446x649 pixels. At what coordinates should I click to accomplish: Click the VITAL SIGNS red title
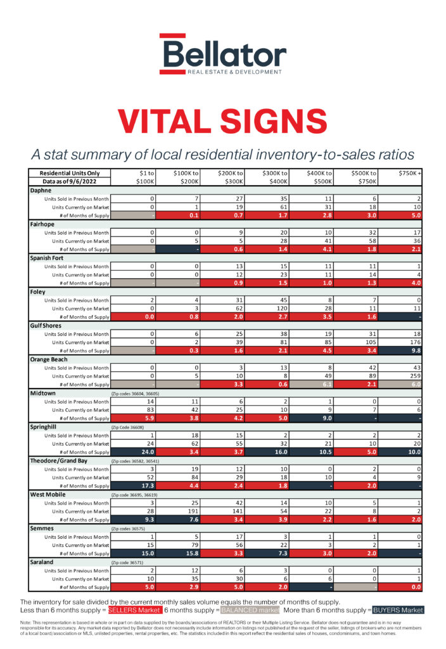(222, 121)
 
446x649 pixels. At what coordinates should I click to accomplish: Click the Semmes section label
(43, 527)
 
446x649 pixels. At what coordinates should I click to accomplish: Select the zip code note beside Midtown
(136, 393)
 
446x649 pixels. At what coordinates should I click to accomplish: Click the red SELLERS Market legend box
(134, 610)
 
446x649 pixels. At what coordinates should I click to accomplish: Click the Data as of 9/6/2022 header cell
(70, 181)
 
